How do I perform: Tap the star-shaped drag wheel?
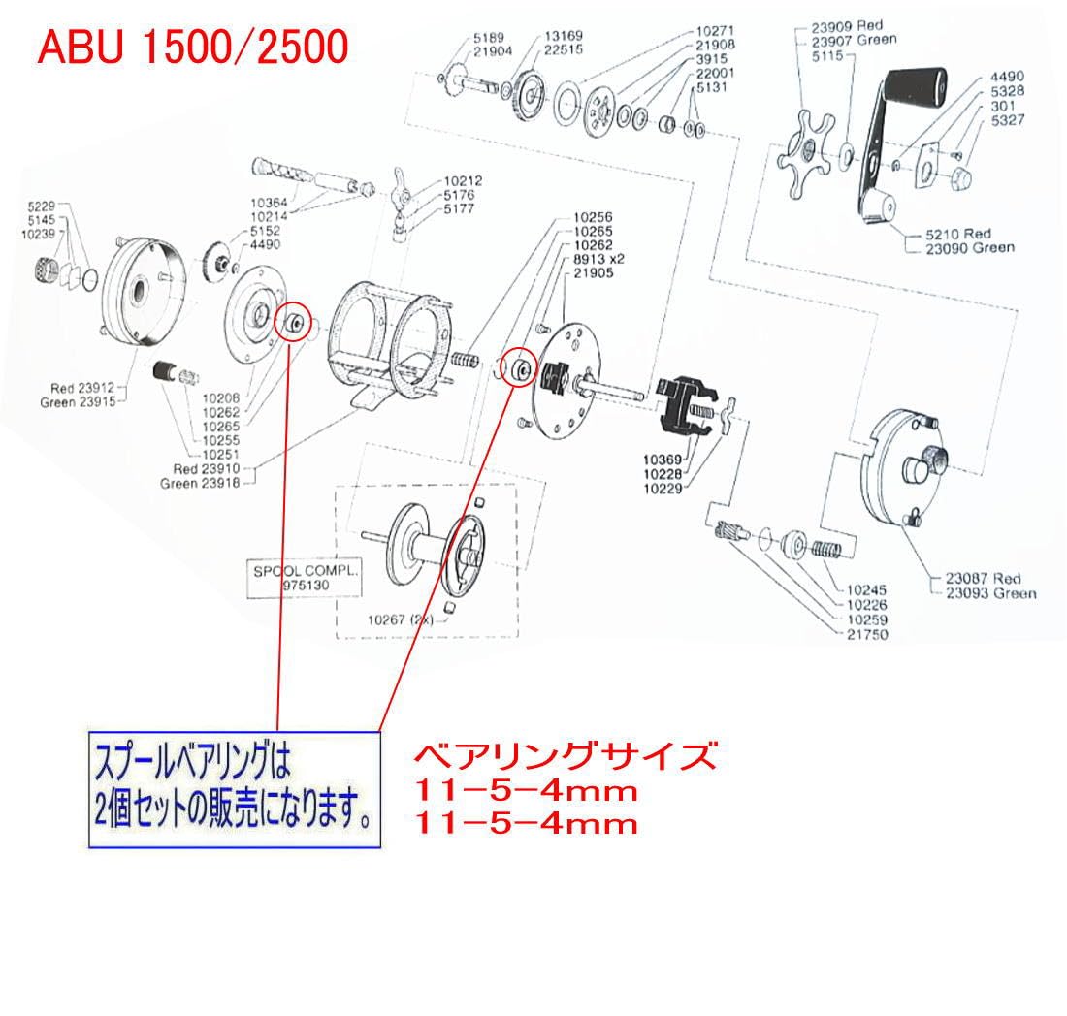(x=801, y=150)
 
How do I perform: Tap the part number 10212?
(x=464, y=181)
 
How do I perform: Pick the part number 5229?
(x=44, y=206)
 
